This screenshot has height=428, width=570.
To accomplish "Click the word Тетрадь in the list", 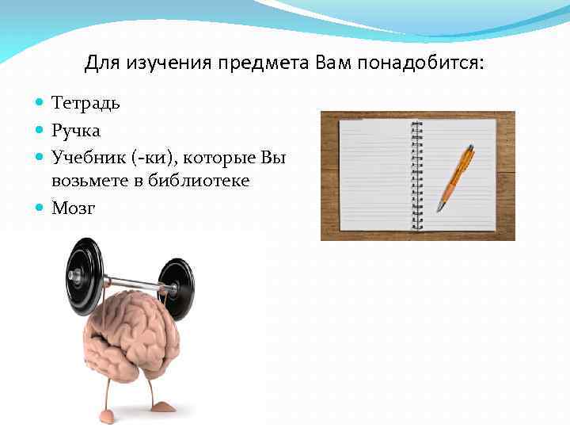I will (85, 103).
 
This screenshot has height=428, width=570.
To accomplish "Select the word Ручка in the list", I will (76, 131).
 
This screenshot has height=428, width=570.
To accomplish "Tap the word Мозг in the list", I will (73, 208).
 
